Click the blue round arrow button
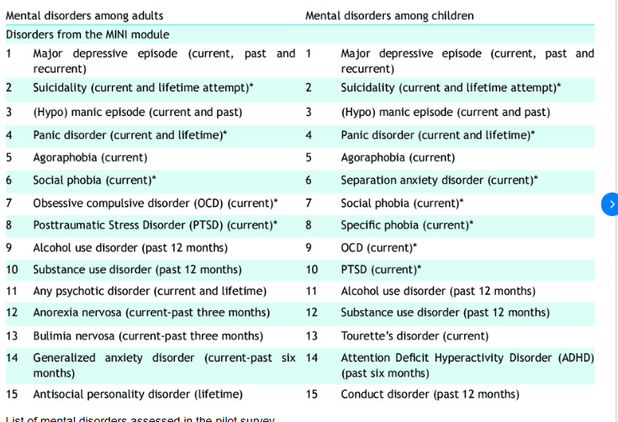click(x=611, y=203)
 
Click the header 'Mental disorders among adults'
click(x=84, y=15)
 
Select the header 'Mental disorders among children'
click(x=389, y=15)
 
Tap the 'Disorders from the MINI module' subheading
click(x=87, y=34)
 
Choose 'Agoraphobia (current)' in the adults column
click(x=90, y=157)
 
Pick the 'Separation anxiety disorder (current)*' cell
click(x=439, y=180)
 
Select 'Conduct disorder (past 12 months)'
click(x=430, y=393)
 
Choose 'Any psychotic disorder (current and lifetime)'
click(x=150, y=291)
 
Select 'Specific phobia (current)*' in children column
click(x=406, y=224)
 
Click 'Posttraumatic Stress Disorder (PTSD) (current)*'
click(x=155, y=224)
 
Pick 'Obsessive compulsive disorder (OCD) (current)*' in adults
click(x=156, y=203)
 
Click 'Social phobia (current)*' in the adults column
click(x=94, y=180)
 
